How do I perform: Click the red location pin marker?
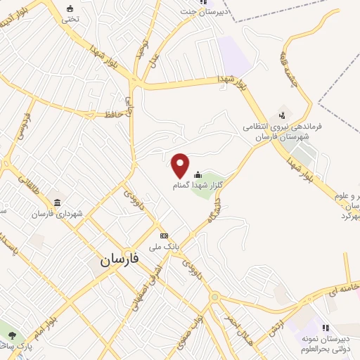click(x=181, y=165)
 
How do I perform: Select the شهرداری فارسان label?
click(x=62, y=214)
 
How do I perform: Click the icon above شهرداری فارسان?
click(x=56, y=202)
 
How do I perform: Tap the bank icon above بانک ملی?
click(x=164, y=236)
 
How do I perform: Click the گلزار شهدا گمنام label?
click(x=198, y=186)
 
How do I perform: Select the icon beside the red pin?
click(x=198, y=175)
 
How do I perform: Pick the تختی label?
click(x=70, y=19)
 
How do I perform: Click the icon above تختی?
click(x=70, y=8)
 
